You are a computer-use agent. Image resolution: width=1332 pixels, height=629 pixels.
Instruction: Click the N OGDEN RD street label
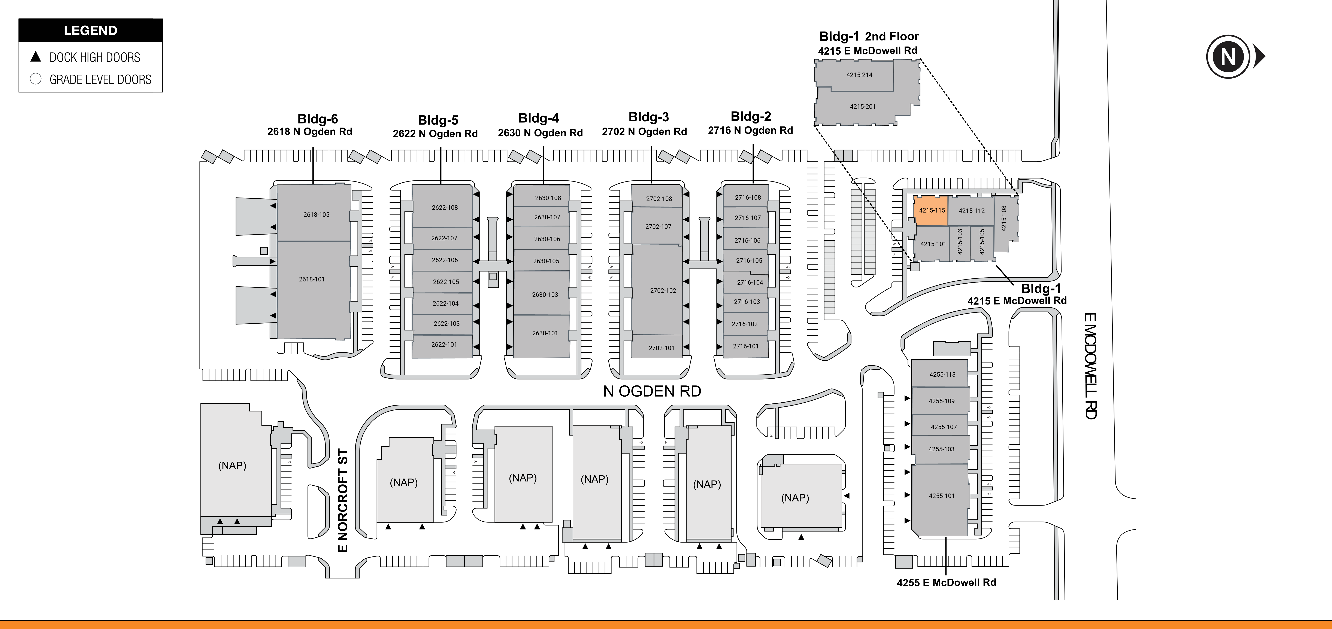[652, 391]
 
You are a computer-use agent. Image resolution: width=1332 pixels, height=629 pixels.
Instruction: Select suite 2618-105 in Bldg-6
[316, 214]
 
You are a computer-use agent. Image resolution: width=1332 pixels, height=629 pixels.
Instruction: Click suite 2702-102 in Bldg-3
[663, 290]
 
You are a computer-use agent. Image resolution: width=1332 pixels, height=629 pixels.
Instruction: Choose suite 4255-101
[941, 496]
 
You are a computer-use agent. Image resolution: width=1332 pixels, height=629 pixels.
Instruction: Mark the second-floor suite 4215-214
[859, 75]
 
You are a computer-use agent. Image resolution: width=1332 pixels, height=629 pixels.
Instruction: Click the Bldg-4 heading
[538, 118]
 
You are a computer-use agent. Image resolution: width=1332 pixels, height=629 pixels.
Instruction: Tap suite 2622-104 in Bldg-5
[445, 303]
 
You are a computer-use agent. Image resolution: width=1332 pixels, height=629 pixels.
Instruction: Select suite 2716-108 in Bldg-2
[748, 198]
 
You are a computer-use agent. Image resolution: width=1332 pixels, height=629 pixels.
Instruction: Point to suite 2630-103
[545, 295]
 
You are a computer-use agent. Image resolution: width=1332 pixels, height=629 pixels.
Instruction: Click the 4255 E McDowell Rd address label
[946, 583]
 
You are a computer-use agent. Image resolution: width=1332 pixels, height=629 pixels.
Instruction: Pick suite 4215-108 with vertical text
[1004, 218]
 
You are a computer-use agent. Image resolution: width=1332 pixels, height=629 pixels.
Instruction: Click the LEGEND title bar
[91, 30]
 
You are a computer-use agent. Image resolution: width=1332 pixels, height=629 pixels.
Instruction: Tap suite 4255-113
[942, 374]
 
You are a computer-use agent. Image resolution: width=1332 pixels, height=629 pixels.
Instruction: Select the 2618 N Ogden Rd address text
[310, 132]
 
